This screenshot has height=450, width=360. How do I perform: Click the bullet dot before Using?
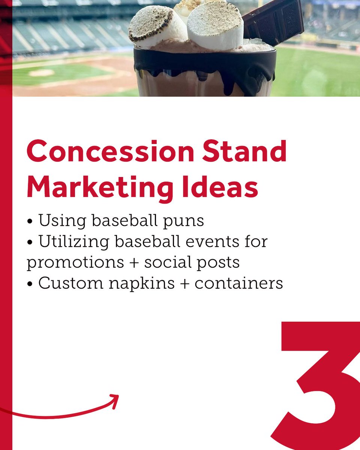pos(30,222)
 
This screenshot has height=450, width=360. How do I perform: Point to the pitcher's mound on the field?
pos(41,72)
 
